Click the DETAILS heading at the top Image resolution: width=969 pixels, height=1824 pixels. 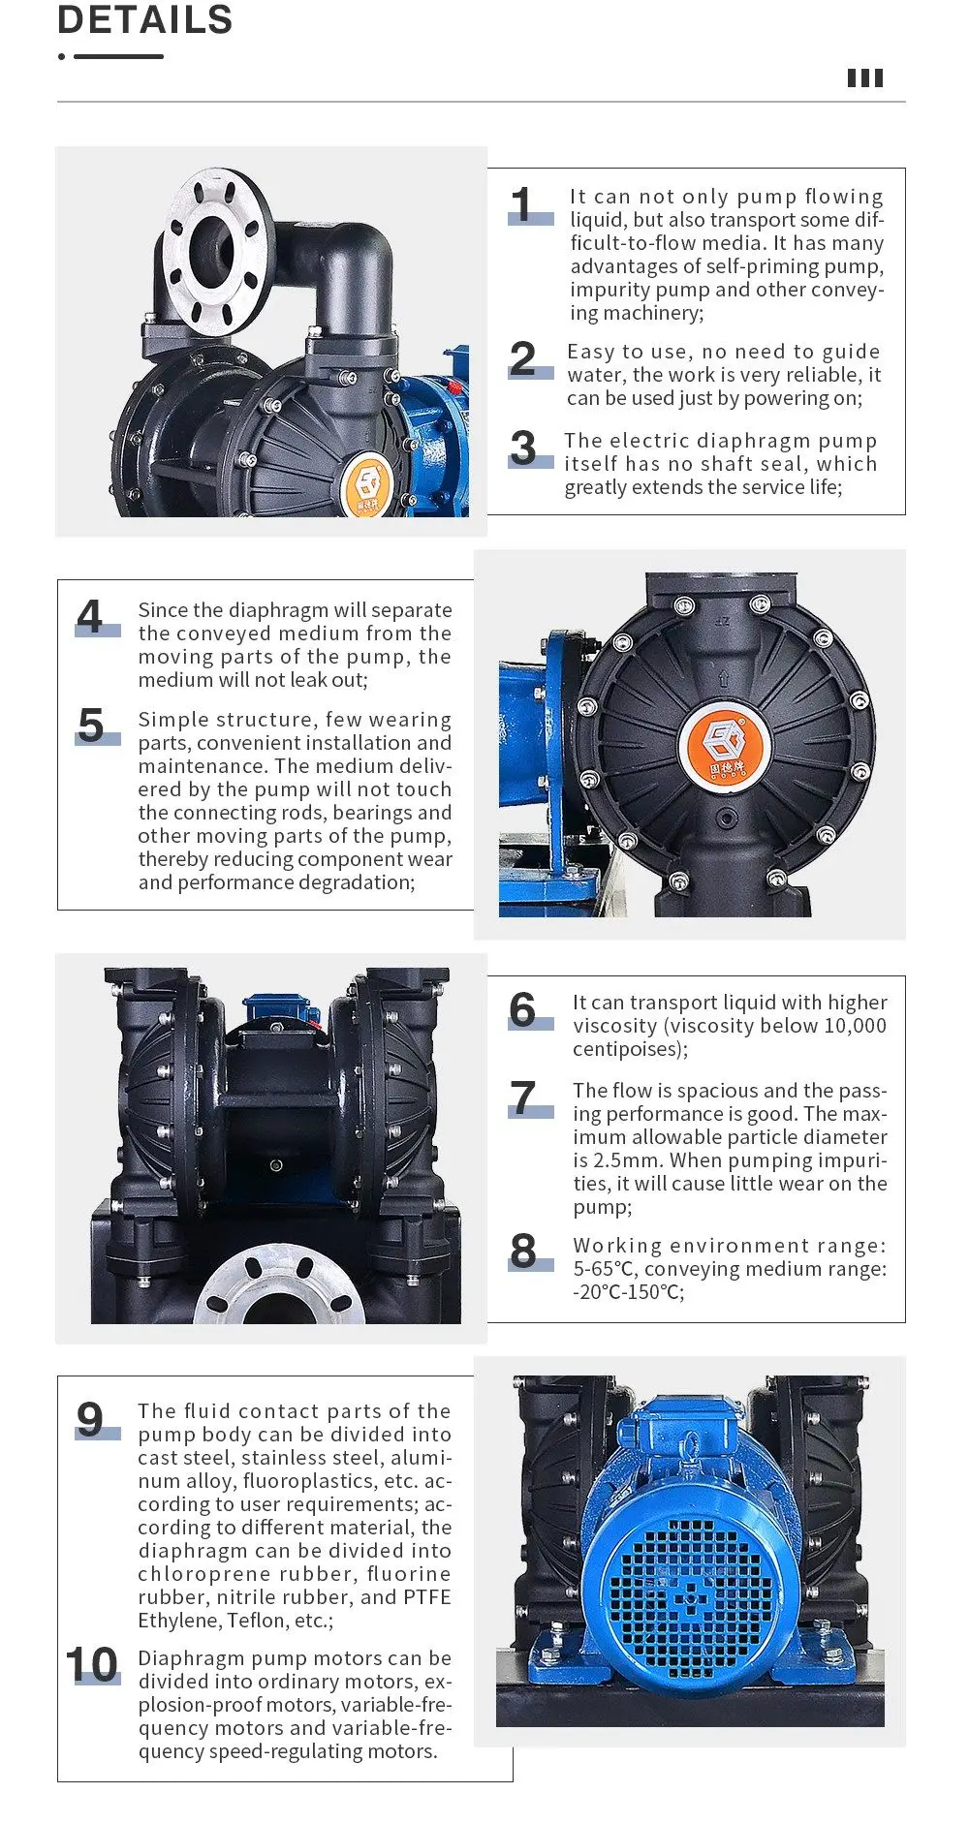145,19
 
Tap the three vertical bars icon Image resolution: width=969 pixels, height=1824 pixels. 864,78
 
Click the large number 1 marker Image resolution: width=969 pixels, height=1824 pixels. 523,205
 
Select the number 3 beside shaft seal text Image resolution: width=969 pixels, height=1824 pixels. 523,448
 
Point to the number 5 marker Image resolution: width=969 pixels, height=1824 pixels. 91,726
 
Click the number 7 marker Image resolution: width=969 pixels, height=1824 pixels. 523,1098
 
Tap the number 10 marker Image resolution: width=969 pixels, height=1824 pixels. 92,1665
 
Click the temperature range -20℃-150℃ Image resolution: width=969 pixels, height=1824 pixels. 628,1292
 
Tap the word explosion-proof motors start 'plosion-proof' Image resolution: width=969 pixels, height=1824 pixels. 193,1705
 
